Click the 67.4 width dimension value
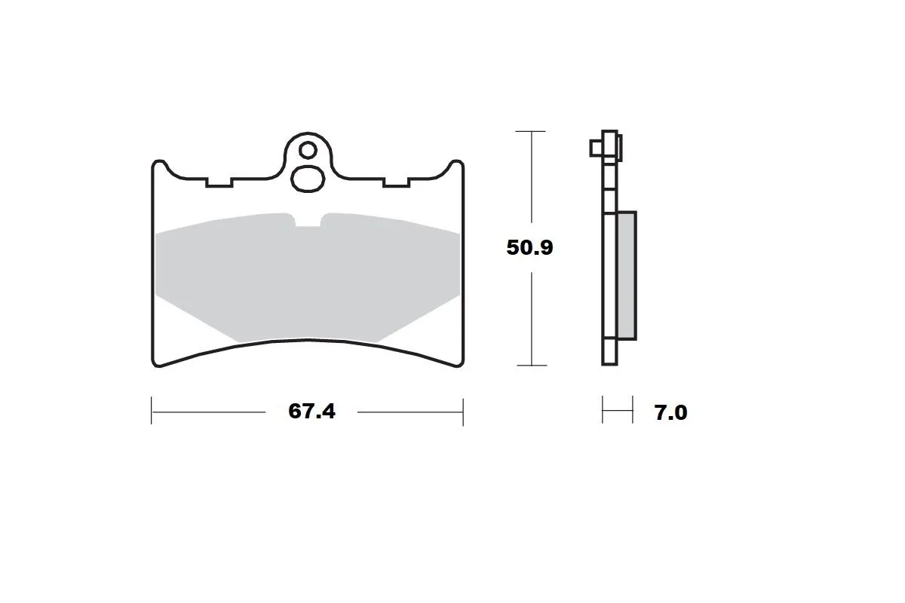(311, 412)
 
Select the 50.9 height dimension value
(530, 247)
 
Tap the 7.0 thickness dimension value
(670, 413)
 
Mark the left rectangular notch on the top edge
(218, 182)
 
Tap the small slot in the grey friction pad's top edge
(307, 221)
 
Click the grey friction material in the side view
(626, 275)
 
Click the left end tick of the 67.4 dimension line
(152, 412)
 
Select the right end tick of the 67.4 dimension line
(462, 412)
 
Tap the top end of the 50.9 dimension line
(532, 130)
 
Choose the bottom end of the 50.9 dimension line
(532, 366)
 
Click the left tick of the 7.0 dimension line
(603, 412)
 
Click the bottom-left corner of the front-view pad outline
(156, 365)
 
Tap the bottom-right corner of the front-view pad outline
(459, 365)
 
